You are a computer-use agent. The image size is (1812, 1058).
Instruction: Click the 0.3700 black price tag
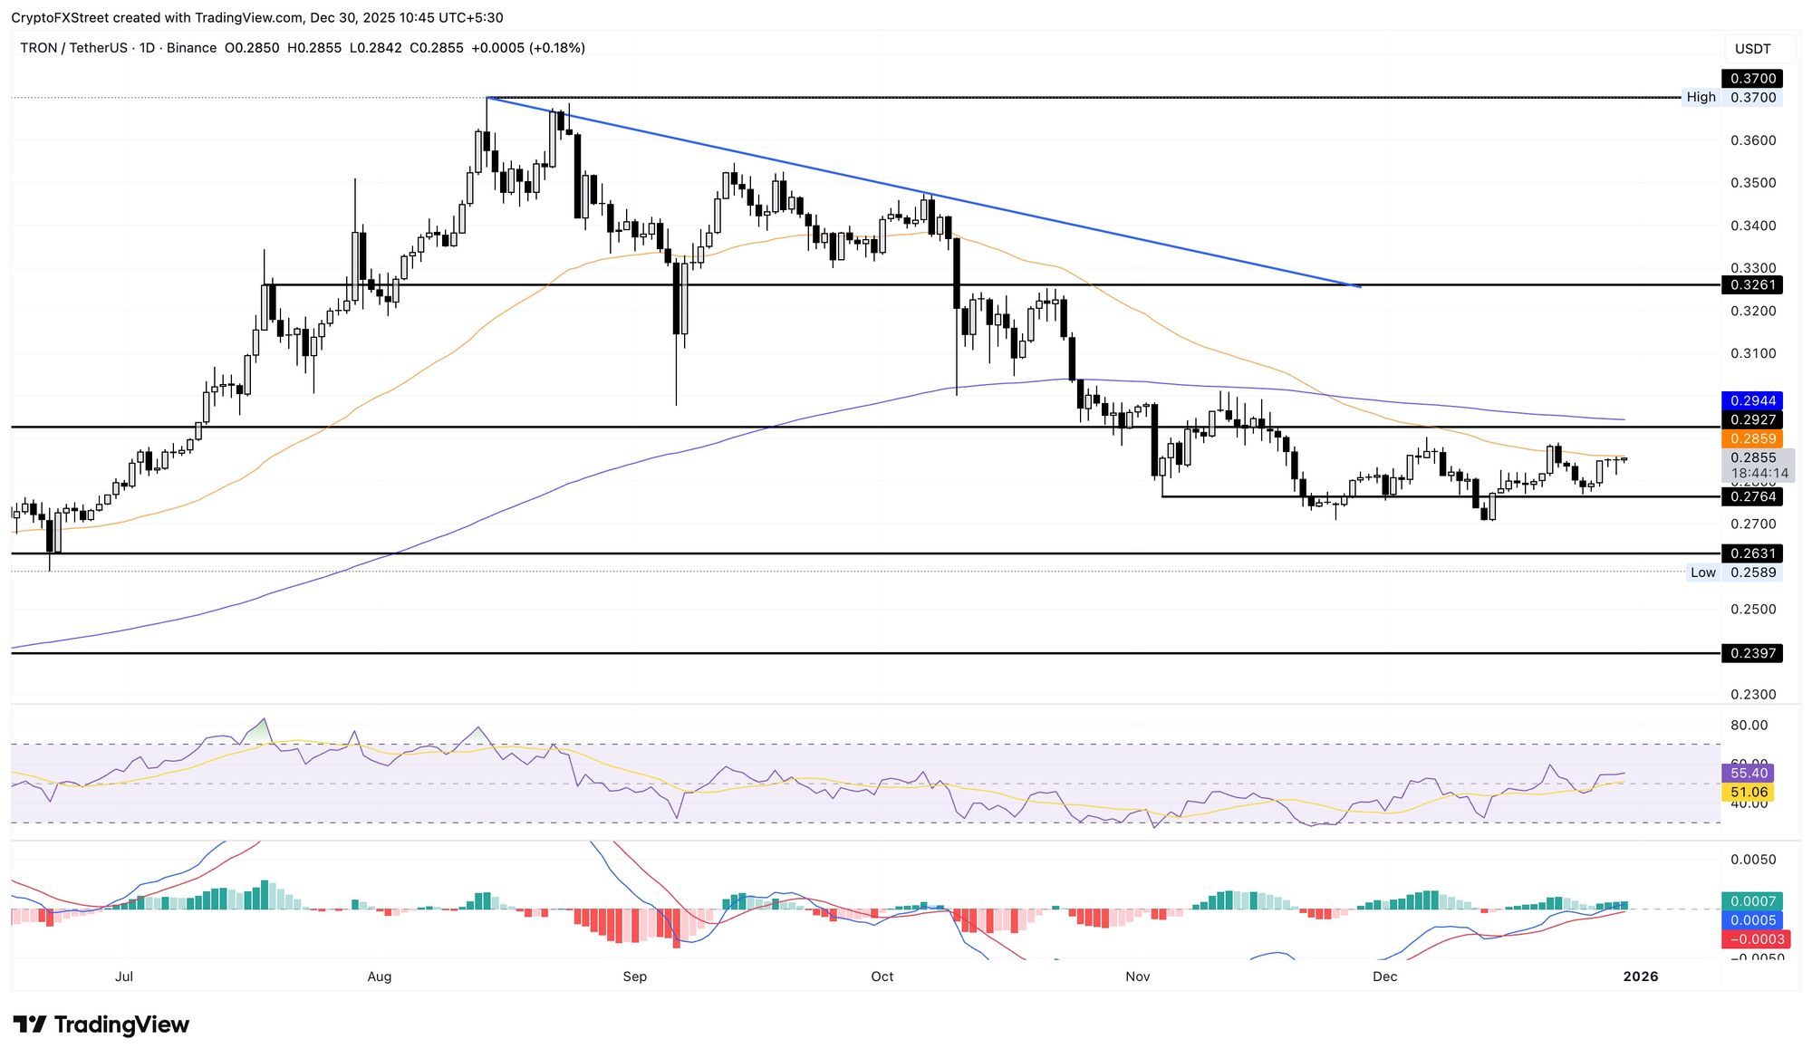coord(1752,79)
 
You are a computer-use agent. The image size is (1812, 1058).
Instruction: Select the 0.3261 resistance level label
coord(1752,284)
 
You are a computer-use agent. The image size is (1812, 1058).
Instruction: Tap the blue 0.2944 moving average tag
coord(1752,400)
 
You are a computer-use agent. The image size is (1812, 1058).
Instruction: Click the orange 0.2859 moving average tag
coord(1752,438)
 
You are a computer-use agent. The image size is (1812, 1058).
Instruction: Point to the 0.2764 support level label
coord(1752,496)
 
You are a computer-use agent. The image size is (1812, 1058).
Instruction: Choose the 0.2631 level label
coord(1752,553)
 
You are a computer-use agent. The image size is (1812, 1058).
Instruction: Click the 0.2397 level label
coord(1752,653)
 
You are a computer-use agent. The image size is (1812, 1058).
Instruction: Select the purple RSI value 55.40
coord(1748,773)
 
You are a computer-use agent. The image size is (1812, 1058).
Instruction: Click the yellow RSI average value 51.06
coord(1748,793)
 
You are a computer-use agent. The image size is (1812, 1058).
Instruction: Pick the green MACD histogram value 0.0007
coord(1752,901)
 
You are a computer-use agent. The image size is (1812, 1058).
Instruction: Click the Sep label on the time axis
coord(635,976)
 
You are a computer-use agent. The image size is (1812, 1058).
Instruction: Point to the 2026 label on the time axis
coord(1640,976)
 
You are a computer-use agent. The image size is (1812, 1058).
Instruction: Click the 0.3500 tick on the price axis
coord(1752,183)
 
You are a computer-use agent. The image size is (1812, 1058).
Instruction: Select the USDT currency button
coord(1752,49)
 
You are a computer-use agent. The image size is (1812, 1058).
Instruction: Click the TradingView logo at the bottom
coord(101,1024)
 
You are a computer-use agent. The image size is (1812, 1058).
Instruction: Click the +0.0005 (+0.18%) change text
coord(528,48)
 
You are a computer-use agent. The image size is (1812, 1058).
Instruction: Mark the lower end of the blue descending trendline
coord(1360,287)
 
